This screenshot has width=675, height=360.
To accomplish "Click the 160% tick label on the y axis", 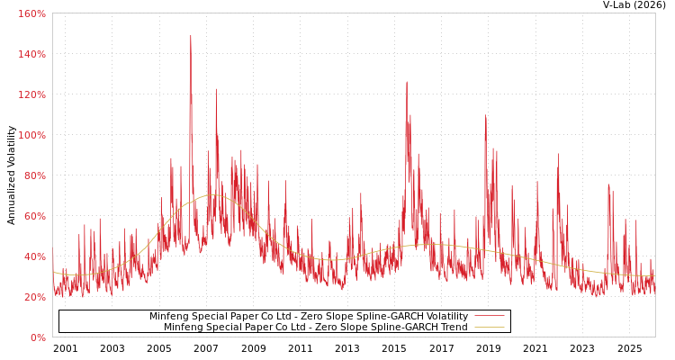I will [31, 13].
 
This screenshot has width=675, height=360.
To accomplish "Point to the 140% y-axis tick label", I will [31, 54].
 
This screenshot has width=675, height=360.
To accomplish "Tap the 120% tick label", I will [31, 94].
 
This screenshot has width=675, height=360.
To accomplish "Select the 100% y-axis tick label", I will [31, 135].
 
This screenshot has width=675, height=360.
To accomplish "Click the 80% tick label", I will [33, 175].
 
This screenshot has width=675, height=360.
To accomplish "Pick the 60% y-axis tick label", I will [33, 216].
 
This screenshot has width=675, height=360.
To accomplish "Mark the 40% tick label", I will [33, 256].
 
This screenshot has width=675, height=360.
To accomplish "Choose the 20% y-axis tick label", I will [33, 297].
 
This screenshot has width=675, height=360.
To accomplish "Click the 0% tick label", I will [37, 337].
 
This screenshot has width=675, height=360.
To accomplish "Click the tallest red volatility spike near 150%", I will [191, 37].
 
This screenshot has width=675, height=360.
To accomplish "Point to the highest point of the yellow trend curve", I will [212, 194].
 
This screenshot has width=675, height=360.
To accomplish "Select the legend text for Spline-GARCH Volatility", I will [309, 317].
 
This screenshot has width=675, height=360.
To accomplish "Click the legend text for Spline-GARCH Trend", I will [316, 328].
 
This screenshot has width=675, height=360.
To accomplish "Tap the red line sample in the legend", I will [489, 317].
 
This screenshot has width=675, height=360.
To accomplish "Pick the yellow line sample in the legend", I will [489, 328].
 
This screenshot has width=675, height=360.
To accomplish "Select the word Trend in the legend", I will [454, 328].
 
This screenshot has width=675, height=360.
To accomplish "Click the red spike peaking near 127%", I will [406, 83].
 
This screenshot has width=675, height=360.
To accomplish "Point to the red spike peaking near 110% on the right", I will [485, 116].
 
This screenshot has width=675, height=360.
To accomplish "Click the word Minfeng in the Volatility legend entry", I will [168, 317].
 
